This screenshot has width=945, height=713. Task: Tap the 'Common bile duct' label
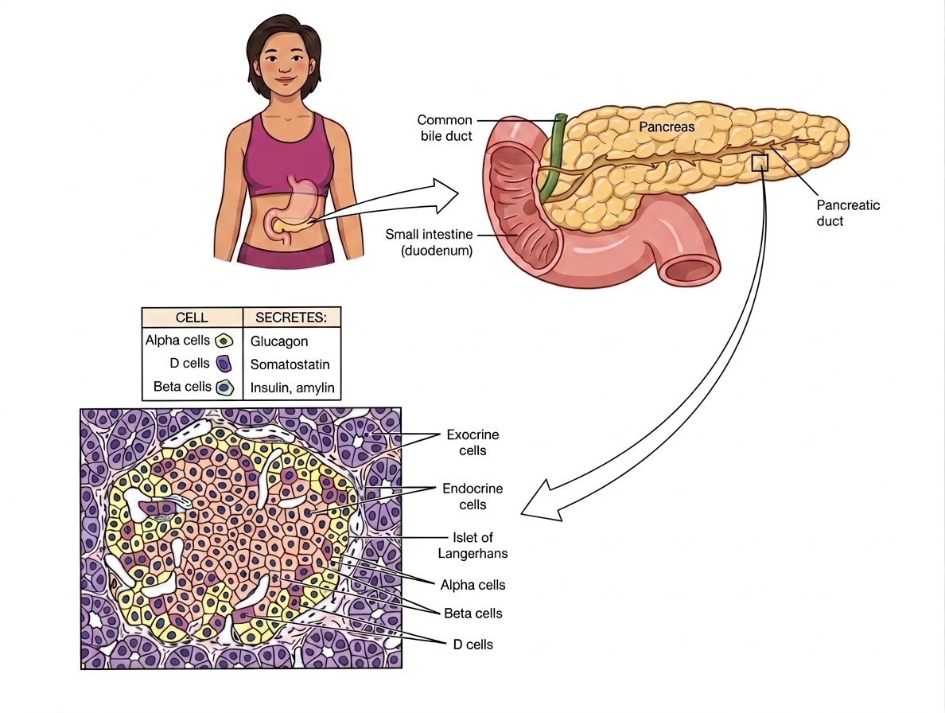[445, 127]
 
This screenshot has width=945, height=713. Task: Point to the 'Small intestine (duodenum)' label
[429, 242]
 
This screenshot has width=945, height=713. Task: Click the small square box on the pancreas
[760, 162]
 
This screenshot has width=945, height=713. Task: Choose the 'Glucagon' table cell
[280, 341]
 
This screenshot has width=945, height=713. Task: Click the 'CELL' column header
[191, 318]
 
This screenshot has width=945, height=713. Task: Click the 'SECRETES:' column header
[291, 318]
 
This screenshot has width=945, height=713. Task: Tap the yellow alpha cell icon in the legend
[224, 341]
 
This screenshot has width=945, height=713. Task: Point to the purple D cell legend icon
[224, 364]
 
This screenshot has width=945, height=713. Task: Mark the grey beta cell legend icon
[224, 388]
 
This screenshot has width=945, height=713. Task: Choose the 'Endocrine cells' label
[472, 497]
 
